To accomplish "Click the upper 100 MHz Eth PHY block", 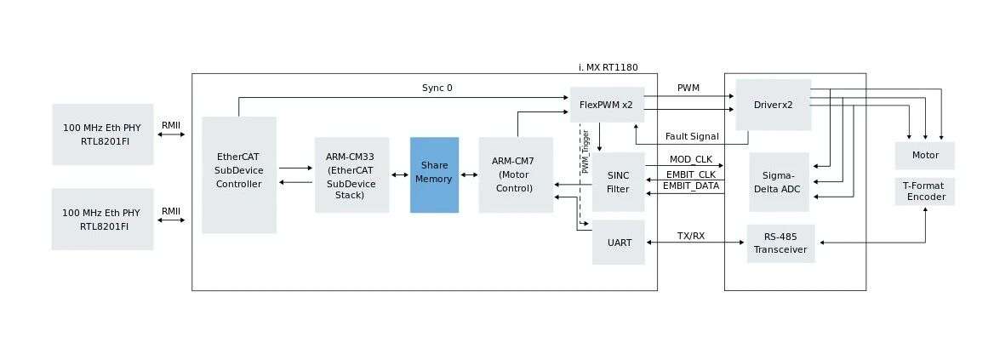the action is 103,134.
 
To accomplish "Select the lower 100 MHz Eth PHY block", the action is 103,220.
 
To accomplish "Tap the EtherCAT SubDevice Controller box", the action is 239,175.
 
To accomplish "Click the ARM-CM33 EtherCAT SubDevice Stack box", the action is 351,175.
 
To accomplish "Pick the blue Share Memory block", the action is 434,175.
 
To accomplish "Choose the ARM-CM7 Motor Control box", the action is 516,175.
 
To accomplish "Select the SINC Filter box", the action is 618,182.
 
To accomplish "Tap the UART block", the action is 618,242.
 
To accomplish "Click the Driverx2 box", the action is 774,106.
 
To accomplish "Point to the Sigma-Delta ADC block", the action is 779,182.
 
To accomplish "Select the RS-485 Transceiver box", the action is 781,244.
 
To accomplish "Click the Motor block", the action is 925,155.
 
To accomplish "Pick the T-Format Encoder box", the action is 925,191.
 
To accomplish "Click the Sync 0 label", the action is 437,89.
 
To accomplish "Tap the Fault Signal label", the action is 692,136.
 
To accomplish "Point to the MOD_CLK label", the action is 691,159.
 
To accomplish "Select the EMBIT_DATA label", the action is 691,186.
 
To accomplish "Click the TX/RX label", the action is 691,236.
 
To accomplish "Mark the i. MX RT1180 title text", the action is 608,67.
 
